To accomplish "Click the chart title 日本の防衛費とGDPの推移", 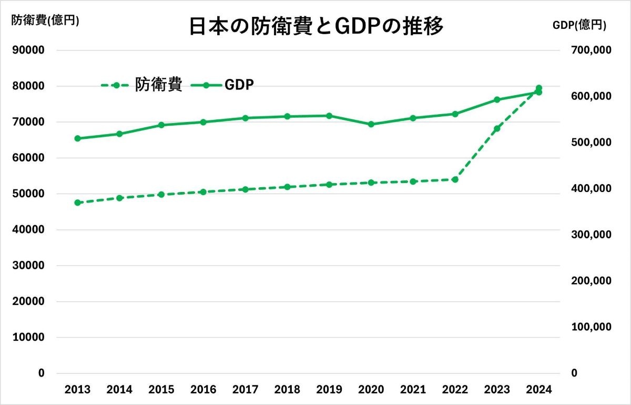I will click(x=316, y=26).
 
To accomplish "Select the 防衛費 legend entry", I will click(x=142, y=85).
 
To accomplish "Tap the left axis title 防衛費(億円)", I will click(x=45, y=21).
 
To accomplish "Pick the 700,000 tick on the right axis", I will click(x=592, y=50).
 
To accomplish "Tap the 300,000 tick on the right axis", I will click(x=592, y=235).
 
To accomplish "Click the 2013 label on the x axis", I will click(x=77, y=390).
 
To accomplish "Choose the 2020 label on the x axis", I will click(x=371, y=390).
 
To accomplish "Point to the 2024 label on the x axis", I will click(x=539, y=390).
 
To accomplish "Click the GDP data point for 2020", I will click(x=371, y=124).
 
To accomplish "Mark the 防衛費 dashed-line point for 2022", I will click(x=455, y=179).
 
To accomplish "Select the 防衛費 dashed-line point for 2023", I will click(x=497, y=128).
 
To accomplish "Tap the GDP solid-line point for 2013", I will click(x=77, y=138).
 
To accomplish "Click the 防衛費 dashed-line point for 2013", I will click(x=77, y=202).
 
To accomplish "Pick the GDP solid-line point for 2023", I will click(x=497, y=99).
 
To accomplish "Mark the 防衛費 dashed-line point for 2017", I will click(x=245, y=189).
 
